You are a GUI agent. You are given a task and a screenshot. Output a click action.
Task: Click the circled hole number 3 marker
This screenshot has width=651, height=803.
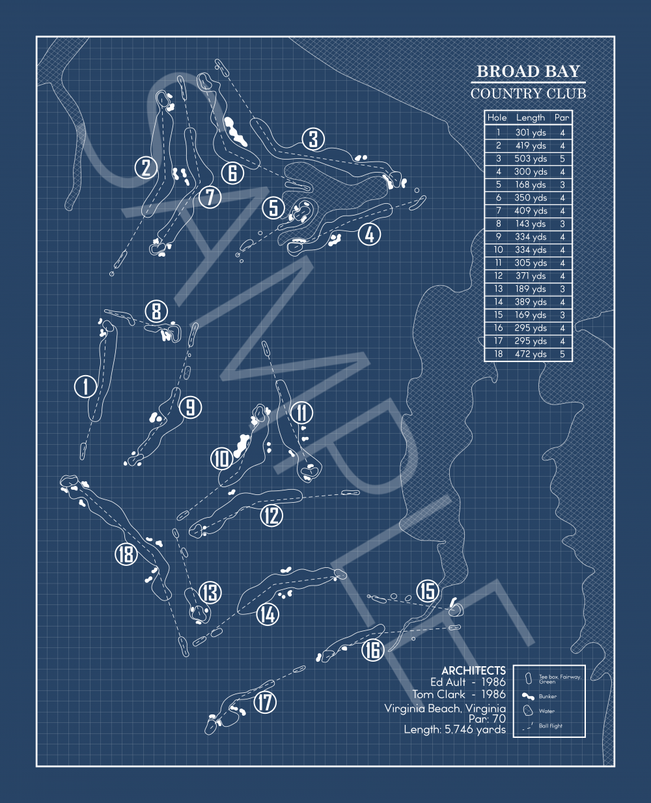[313, 139]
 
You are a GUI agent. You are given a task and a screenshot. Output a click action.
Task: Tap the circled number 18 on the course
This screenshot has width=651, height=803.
[126, 554]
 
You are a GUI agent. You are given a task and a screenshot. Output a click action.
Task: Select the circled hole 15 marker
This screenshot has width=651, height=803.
[427, 591]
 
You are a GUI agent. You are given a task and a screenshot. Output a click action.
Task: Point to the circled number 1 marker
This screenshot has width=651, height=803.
[85, 386]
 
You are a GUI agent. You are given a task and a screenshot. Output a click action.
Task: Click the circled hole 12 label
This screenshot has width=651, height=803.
[271, 516]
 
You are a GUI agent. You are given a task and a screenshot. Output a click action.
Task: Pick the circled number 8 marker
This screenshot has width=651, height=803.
[156, 311]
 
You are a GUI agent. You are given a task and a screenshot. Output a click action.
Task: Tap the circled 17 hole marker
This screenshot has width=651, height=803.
[264, 703]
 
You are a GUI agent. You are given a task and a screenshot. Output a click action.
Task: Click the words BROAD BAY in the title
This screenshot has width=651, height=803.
[528, 72]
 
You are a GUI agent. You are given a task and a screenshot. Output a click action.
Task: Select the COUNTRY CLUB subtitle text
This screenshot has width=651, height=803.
[528, 94]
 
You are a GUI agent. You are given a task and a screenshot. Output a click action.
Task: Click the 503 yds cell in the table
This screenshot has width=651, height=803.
[531, 159]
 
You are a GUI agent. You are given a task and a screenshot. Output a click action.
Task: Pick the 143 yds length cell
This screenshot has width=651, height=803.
[531, 224]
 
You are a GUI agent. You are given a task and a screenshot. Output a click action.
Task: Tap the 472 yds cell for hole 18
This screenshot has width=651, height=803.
[531, 354]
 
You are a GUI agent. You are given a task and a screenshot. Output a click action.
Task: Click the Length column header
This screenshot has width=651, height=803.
[531, 118]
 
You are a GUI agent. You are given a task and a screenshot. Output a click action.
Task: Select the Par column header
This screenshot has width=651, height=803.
[562, 118]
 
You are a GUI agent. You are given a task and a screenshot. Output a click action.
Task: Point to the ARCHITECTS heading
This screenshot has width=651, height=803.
[473, 670]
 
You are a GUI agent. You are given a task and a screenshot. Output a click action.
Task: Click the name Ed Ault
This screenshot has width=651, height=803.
[448, 682]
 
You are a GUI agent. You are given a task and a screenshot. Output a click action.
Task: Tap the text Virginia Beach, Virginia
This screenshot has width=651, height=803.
[445, 709]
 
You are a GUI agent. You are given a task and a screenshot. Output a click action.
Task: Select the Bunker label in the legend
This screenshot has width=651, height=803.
[547, 696]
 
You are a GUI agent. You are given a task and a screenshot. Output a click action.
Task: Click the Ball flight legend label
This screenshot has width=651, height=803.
[550, 726]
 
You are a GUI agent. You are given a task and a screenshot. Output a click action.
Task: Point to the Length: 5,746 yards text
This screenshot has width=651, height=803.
[454, 730]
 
